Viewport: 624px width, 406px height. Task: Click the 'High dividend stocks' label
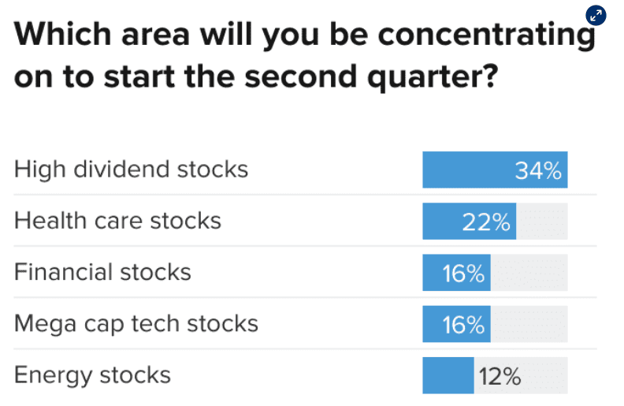131,169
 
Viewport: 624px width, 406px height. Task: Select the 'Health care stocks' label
117,220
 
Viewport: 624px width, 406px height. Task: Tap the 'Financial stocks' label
102,272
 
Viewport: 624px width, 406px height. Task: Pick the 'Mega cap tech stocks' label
136,323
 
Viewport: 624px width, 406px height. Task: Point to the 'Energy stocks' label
92,374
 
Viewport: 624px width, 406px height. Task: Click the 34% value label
538,170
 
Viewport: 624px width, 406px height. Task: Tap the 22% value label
486,222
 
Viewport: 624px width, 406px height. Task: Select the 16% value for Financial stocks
462,274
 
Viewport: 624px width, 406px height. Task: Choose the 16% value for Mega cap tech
462,325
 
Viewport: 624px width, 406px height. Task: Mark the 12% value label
500,376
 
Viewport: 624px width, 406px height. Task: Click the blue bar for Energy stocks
448,375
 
